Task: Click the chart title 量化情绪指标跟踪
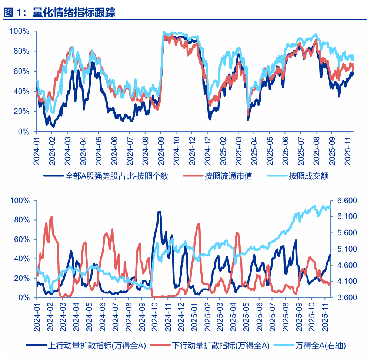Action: click(74, 13)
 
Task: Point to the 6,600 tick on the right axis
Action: click(347, 201)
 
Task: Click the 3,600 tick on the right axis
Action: click(347, 297)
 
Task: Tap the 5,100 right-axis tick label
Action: click(347, 249)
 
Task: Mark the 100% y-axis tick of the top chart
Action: click(20, 31)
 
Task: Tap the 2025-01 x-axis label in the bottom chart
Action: click(194, 314)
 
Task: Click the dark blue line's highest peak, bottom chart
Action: click(159, 212)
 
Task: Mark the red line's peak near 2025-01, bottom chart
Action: click(198, 224)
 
